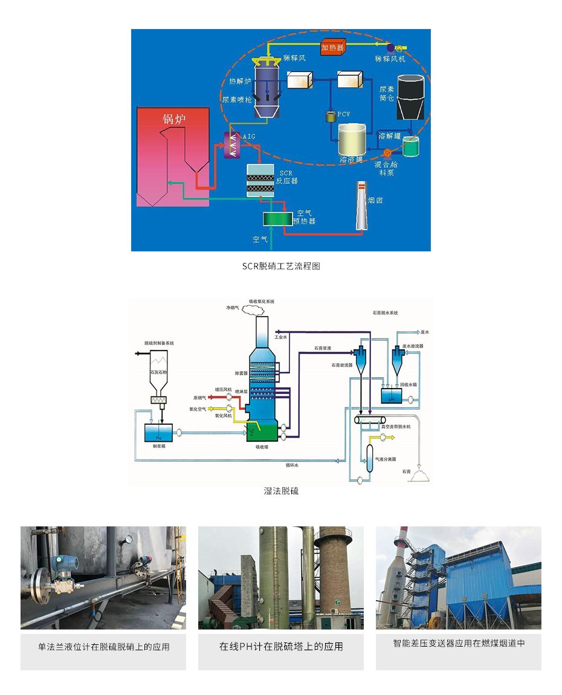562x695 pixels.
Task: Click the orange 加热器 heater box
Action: (332, 47)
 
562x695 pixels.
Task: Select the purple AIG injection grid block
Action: (231, 145)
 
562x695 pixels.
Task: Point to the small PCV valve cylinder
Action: (331, 117)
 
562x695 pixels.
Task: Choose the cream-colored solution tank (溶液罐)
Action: (353, 141)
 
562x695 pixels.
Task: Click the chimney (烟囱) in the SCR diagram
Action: (362, 205)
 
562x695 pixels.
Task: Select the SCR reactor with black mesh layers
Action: (260, 179)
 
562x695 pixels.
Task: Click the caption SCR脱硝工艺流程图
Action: (280, 266)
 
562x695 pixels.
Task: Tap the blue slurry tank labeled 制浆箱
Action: (159, 433)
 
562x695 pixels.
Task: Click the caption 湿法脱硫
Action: (281, 491)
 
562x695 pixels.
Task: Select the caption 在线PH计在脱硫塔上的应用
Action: (281, 647)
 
